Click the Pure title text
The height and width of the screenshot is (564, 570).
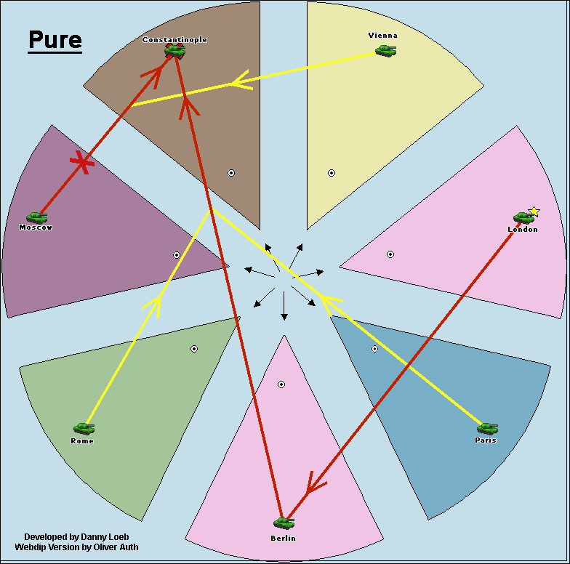(x=55, y=41)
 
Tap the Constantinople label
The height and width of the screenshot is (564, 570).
(x=174, y=39)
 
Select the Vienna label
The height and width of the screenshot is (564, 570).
(x=383, y=35)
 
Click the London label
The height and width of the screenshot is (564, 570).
(x=523, y=230)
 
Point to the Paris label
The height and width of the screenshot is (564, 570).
(x=486, y=440)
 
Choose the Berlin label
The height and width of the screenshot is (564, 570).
(x=283, y=538)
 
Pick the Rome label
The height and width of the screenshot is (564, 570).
(x=82, y=441)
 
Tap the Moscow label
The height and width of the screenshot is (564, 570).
(x=36, y=227)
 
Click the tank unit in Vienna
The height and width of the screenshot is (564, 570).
(x=386, y=50)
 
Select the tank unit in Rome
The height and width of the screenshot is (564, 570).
(x=84, y=429)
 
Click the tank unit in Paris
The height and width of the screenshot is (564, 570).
(x=487, y=428)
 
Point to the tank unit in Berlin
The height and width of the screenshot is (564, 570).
(x=284, y=523)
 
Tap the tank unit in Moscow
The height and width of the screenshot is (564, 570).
(x=36, y=217)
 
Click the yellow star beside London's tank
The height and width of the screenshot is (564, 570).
(x=534, y=211)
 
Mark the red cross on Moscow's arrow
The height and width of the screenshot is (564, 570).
(x=84, y=164)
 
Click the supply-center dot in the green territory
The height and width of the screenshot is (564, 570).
(x=194, y=349)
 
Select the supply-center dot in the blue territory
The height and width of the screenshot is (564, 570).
(x=374, y=349)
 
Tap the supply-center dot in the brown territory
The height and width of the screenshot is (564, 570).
(x=231, y=173)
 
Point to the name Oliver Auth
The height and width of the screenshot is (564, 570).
(x=111, y=547)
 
